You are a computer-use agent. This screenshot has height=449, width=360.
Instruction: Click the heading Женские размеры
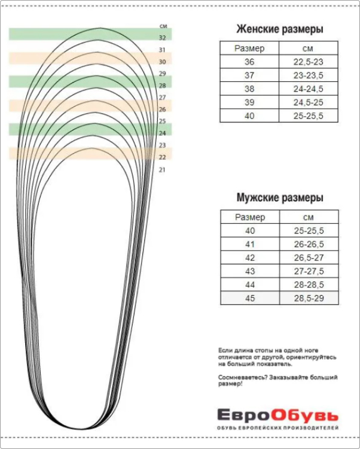click(x=280, y=29)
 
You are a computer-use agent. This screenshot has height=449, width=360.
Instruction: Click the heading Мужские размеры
click(x=280, y=198)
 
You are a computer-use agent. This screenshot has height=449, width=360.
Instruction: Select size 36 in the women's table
click(x=249, y=62)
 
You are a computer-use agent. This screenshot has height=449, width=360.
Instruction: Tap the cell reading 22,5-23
click(x=309, y=62)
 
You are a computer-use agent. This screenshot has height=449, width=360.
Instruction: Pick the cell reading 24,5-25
click(x=309, y=102)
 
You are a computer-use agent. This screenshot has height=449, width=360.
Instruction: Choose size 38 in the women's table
click(x=249, y=89)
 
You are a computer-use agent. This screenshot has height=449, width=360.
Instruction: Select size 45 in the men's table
click(x=249, y=298)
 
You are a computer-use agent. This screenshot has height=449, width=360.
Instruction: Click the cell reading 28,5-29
click(x=309, y=298)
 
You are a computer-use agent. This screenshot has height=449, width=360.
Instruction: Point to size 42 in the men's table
click(x=249, y=257)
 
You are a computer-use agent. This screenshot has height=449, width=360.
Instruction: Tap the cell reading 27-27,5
click(x=309, y=271)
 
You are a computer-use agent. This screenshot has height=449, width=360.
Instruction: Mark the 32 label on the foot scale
click(x=162, y=38)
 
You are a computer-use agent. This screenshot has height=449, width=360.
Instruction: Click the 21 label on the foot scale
click(x=162, y=169)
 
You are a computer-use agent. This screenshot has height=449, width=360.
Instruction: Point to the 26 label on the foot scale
click(x=162, y=110)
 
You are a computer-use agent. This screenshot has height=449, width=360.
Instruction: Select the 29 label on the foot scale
click(x=162, y=74)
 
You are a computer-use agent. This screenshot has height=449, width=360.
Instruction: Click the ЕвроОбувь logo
click(x=277, y=415)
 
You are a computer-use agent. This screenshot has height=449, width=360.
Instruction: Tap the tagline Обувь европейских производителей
click(x=277, y=428)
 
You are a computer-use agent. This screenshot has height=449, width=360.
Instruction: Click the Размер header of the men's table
click(x=249, y=217)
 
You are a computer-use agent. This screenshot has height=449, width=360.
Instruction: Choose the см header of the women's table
click(x=309, y=48)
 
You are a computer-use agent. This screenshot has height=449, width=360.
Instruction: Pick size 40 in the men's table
click(x=249, y=230)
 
